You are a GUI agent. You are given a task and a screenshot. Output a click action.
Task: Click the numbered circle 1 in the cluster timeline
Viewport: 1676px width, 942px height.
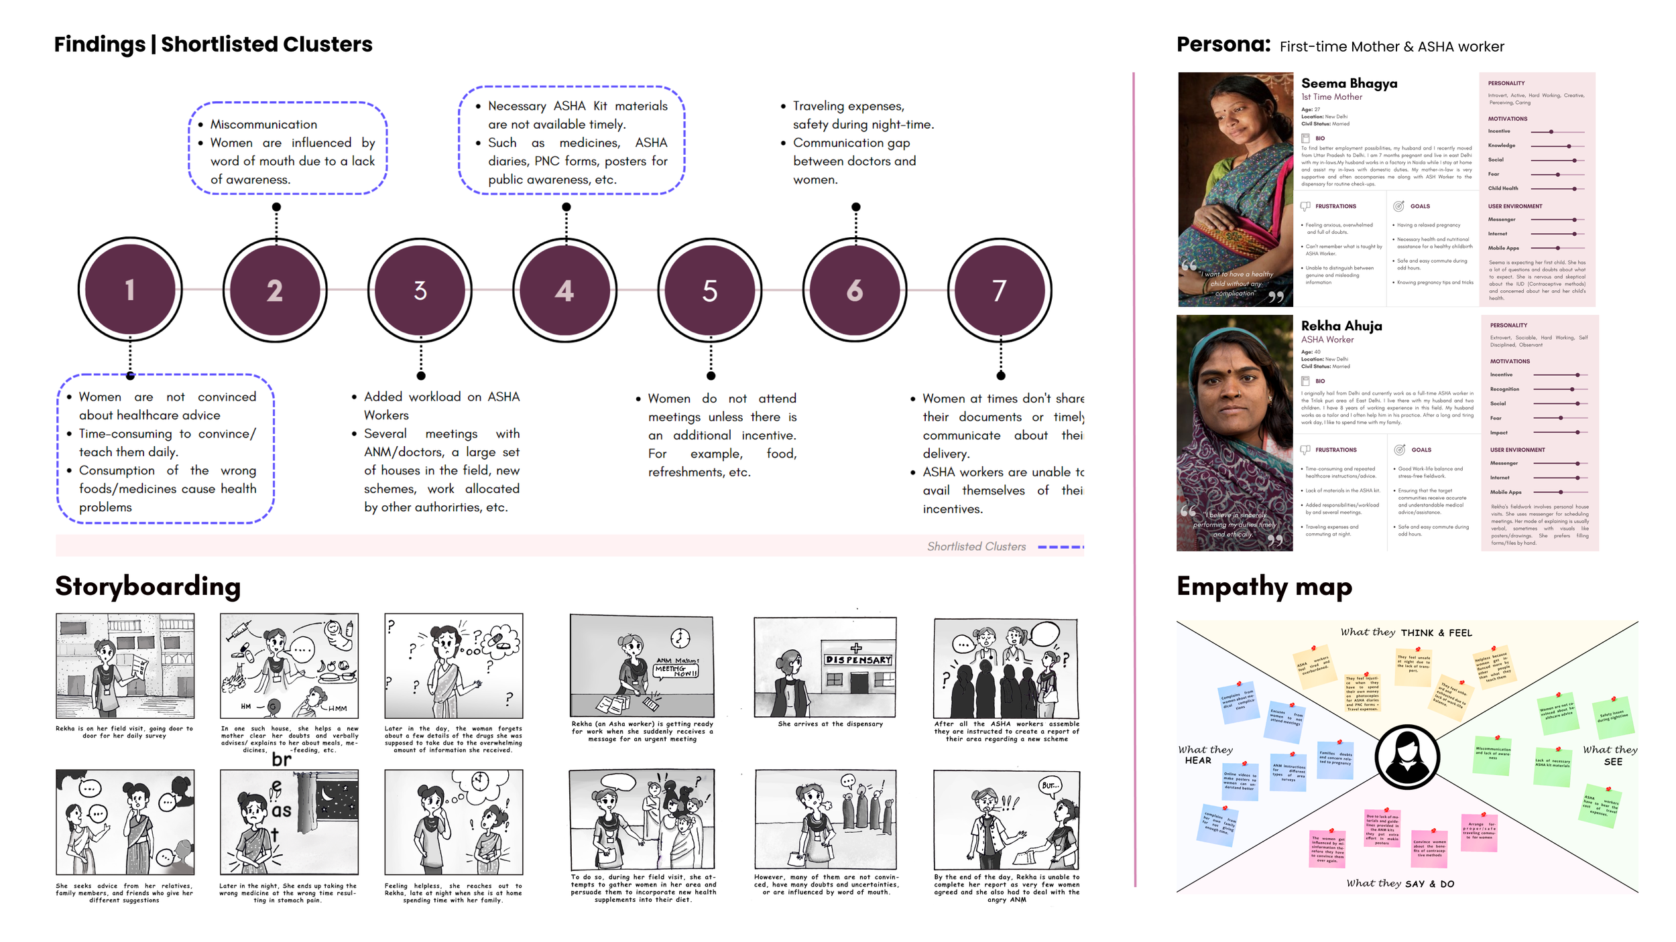click(x=130, y=290)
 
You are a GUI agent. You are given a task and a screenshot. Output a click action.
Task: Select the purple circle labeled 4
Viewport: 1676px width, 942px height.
click(x=564, y=290)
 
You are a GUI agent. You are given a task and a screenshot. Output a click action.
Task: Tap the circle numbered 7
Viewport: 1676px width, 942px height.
click(x=999, y=290)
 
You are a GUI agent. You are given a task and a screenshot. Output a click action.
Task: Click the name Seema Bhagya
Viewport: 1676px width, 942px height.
click(x=1349, y=84)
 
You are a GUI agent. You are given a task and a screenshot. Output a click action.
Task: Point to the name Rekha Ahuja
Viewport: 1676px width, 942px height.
click(x=1341, y=326)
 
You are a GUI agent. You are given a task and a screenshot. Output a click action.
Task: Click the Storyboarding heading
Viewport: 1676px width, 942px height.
click(x=147, y=586)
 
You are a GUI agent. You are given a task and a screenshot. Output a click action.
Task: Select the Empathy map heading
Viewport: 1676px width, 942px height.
click(x=1264, y=587)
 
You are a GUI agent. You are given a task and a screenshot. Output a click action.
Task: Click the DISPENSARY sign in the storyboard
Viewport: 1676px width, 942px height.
click(x=858, y=660)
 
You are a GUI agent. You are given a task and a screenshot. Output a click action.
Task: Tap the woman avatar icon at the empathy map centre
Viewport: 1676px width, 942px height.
click(x=1406, y=757)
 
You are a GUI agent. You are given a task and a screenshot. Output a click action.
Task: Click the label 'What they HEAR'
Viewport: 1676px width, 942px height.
click(x=1205, y=755)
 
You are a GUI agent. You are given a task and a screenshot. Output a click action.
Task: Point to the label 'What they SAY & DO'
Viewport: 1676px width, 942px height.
click(x=1400, y=884)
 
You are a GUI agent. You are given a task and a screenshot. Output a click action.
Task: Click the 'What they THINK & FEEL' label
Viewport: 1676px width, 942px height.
click(x=1406, y=632)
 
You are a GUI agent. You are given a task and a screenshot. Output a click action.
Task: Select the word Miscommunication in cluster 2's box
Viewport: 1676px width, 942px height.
click(x=263, y=125)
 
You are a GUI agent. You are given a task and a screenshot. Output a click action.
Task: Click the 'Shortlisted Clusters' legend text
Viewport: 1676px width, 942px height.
click(x=976, y=547)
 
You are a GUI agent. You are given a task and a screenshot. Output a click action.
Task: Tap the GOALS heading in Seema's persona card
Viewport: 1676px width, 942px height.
click(x=1419, y=206)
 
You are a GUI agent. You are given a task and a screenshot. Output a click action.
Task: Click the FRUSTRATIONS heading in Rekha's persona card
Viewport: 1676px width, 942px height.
click(x=1335, y=450)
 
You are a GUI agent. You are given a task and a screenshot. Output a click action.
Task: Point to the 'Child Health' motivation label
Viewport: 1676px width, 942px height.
click(x=1503, y=189)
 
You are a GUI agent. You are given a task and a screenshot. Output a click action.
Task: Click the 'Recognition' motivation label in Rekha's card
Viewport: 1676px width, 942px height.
click(x=1504, y=389)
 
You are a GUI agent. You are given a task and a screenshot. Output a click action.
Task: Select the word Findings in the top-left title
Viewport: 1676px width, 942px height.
click(x=99, y=44)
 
